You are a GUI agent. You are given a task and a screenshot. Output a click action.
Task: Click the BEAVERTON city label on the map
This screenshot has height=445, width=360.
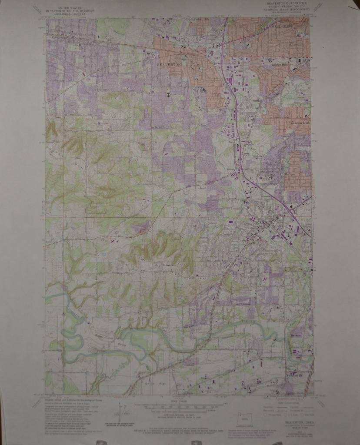click(169, 64)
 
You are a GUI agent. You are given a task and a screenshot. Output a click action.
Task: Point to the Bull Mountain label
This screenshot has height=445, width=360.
click(162, 265)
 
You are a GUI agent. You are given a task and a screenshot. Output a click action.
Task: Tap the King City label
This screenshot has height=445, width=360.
click(192, 312)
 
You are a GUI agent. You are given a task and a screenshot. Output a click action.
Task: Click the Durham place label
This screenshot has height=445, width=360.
click(295, 335)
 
